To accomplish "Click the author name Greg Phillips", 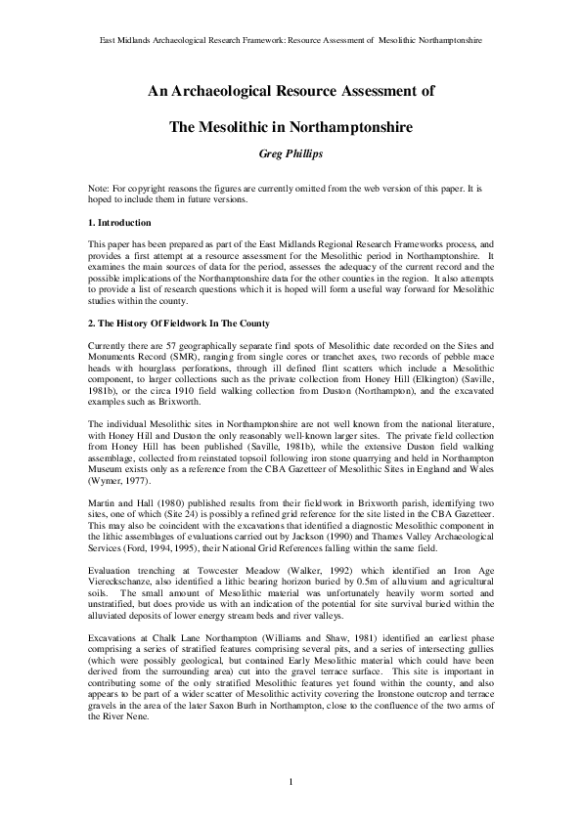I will click(x=290, y=153).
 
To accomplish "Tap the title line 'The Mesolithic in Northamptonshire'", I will click(x=290, y=126).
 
